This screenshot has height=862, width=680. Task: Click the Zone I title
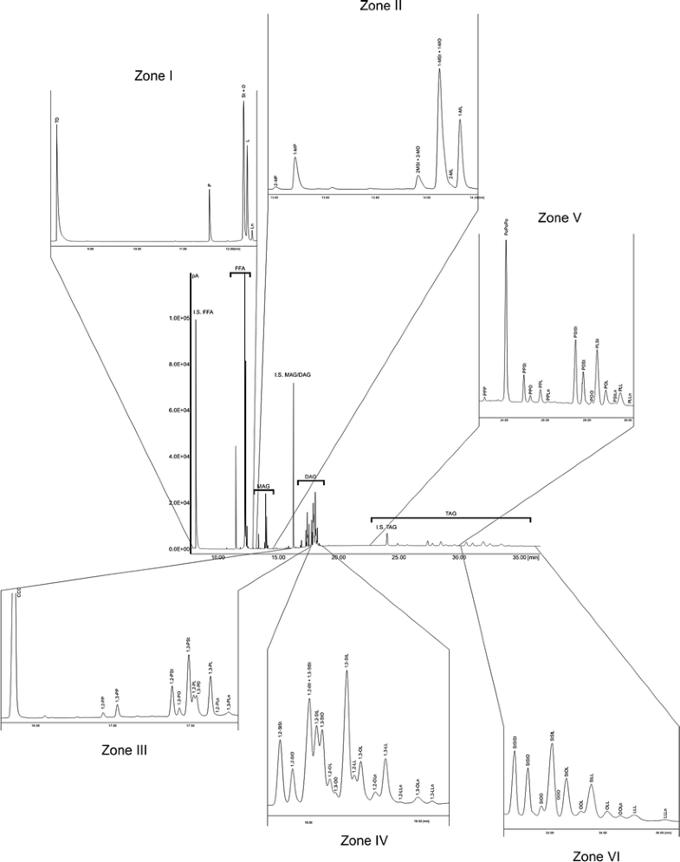[153, 76]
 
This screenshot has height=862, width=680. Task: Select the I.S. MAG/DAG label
[295, 375]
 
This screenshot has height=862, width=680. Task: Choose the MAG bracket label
[262, 487]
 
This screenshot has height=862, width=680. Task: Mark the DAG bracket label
[311, 476]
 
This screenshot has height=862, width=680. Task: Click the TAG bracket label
[450, 514]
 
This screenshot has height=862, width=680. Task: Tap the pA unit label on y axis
[197, 276]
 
